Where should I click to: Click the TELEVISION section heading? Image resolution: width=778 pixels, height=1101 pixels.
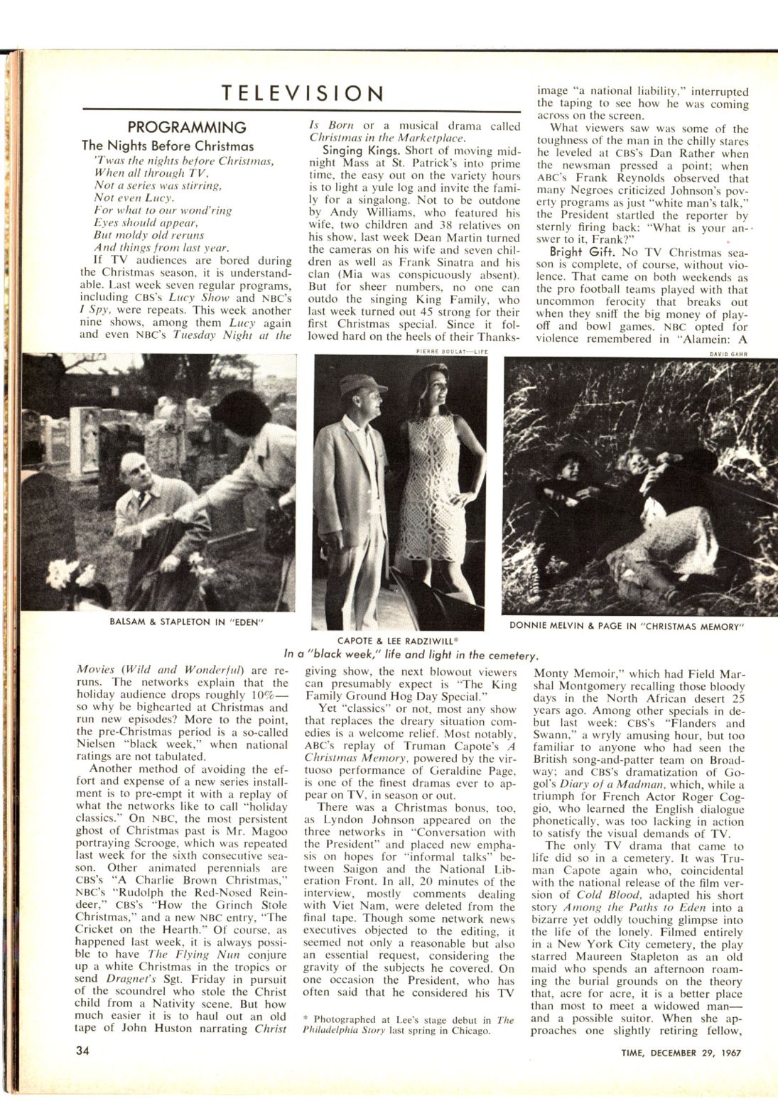click(x=302, y=93)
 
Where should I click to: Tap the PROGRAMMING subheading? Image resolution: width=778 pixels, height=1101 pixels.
click(x=186, y=128)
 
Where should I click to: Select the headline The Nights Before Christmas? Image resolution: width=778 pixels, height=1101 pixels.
click(x=168, y=146)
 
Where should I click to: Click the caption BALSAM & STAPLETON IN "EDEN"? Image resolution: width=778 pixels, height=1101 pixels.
click(x=187, y=622)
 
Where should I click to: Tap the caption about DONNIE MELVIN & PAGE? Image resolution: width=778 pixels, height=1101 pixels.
click(x=626, y=626)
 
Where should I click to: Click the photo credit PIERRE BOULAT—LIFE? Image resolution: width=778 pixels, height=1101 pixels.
click(x=452, y=351)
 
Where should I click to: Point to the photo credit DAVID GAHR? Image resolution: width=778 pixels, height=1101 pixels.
click(x=728, y=353)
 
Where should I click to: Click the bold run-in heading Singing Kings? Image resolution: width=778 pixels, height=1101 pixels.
click(x=352, y=151)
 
